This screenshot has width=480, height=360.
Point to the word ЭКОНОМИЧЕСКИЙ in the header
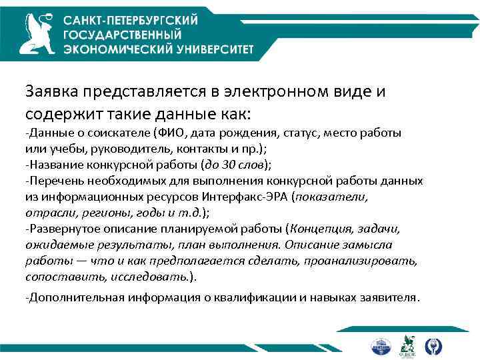(111, 49)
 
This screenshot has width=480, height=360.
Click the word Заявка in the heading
(52, 91)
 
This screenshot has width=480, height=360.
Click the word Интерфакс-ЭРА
(255, 197)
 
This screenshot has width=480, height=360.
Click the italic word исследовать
(153, 277)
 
